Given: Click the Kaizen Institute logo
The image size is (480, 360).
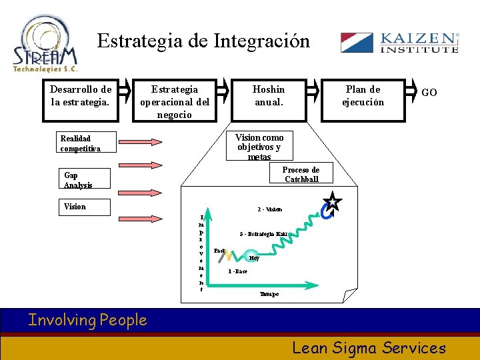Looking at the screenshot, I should [399, 43].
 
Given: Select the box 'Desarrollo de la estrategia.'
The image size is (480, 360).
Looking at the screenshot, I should [81, 95].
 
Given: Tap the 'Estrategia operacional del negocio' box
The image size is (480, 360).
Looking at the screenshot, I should [175, 101].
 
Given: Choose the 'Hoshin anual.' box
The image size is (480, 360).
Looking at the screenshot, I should [269, 95].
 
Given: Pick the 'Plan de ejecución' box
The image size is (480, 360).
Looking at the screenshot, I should [363, 95].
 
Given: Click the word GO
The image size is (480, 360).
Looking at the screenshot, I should [429, 93].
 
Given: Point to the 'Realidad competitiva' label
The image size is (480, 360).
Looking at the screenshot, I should [81, 143].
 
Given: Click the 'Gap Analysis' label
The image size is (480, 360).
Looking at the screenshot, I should [78, 180].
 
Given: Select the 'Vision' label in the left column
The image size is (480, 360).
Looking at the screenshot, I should [75, 207].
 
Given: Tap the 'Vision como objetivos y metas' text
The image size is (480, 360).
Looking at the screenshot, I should [259, 147].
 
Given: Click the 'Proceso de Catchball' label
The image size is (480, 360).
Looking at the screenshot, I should [301, 174].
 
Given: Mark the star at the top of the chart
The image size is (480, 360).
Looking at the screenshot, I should [333, 203].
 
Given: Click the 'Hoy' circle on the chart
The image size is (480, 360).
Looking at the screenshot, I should [253, 257].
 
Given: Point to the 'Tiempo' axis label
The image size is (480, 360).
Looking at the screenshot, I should [268, 294].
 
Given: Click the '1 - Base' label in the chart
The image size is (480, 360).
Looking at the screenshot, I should [237, 272].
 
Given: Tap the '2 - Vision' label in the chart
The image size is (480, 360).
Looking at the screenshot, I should [269, 209].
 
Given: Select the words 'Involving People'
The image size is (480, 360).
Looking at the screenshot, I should [87, 320].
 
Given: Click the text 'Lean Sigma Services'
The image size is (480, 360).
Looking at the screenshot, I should [369, 347].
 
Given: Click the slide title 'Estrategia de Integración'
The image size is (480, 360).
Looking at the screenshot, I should [203, 41].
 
